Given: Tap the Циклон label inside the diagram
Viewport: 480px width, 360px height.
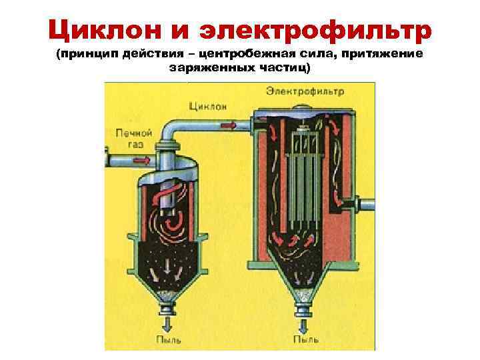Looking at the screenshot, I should tap(208, 106).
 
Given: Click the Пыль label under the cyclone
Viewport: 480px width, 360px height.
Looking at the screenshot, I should tap(166, 339).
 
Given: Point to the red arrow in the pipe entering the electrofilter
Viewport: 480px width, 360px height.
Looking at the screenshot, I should tap(228, 125).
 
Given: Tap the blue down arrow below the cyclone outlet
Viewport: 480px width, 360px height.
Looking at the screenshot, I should tap(166, 323).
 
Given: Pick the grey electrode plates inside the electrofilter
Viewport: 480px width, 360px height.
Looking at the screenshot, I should tap(303, 180).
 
